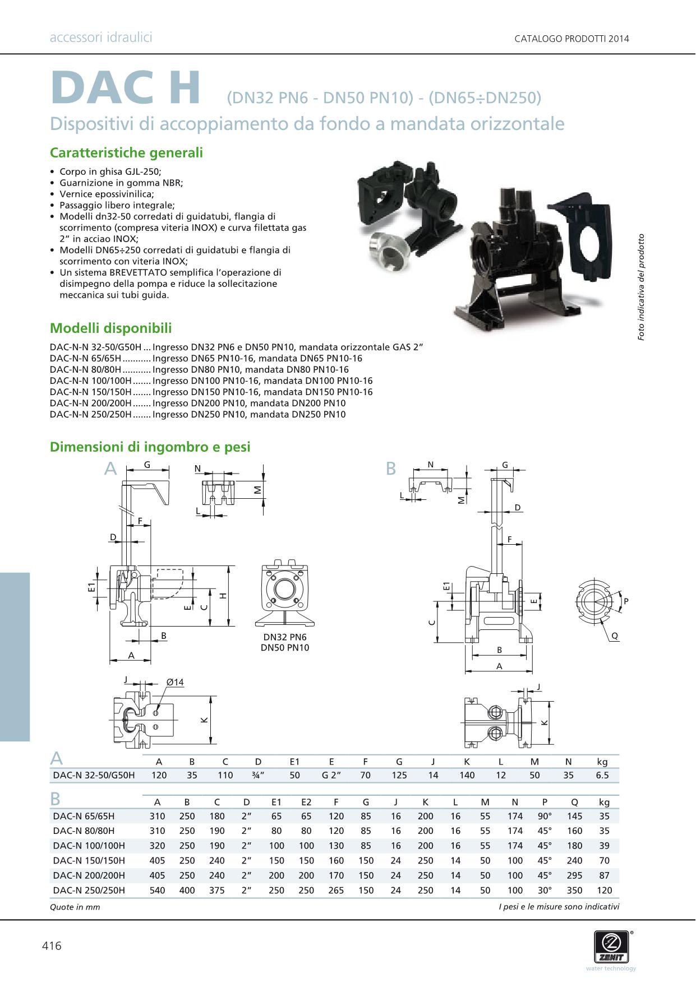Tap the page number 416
point(52,946)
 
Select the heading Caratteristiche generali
point(126,153)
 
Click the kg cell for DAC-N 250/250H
point(604,890)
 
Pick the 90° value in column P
point(545,816)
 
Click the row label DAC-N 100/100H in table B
point(89,846)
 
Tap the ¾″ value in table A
point(258,775)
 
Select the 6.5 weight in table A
point(602,775)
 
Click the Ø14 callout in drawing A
point(175,682)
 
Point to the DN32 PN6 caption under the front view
point(285,637)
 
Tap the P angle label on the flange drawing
point(626,601)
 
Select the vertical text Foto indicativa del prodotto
point(641,286)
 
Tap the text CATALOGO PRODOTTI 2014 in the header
point(571,39)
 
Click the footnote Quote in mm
point(75,907)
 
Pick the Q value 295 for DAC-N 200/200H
point(574,875)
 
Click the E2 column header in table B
point(306,802)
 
